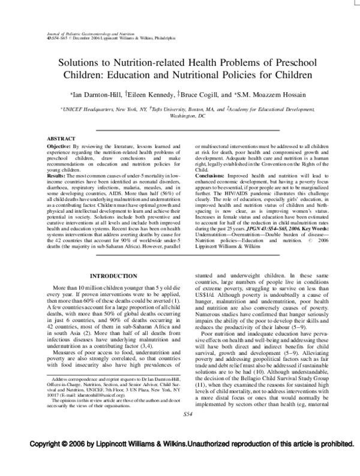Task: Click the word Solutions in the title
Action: [x=84, y=62]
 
